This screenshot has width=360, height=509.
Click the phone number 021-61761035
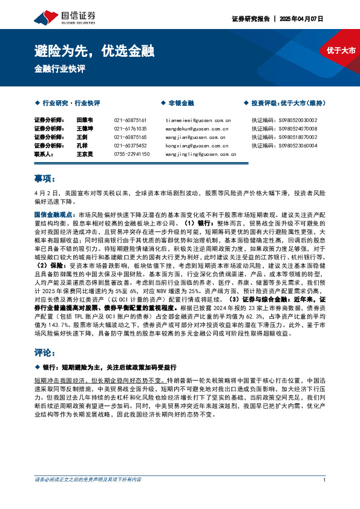pyautogui.click(x=131, y=129)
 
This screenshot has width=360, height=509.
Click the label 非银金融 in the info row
pyautogui.click(x=181, y=103)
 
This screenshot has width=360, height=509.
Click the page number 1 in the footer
pyautogui.click(x=325, y=497)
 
